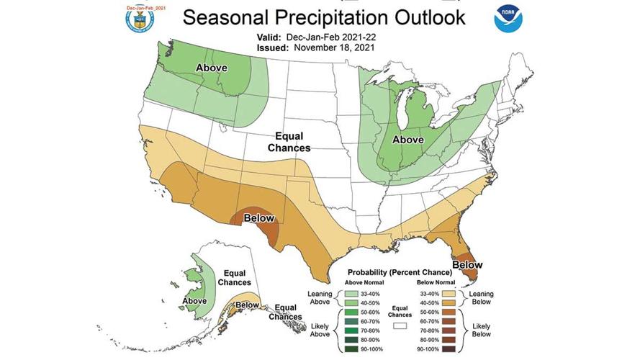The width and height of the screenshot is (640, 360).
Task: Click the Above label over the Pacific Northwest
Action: pos(212,68)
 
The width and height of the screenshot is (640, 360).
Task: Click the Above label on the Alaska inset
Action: pos(194,300)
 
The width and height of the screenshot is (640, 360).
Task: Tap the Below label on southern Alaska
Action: pos(248,305)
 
